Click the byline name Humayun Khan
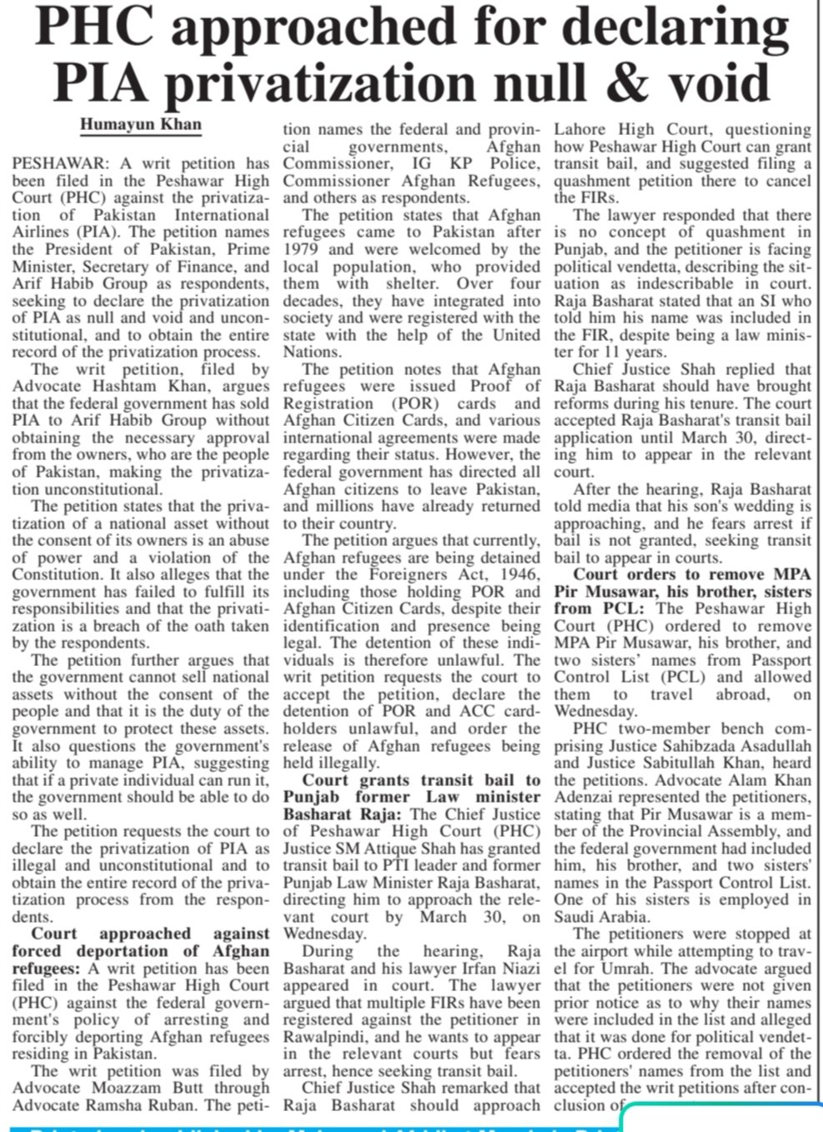(140, 124)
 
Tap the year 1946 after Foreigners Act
(517, 574)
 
